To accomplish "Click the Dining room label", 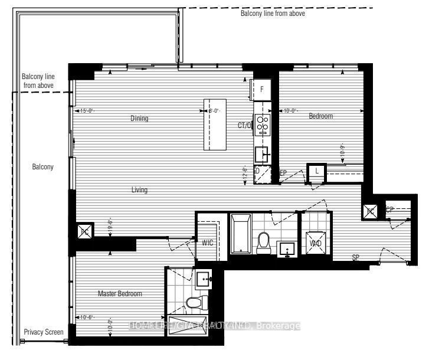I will click(x=139, y=119).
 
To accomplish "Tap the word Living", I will click(x=139, y=190).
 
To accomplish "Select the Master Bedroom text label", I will click(x=120, y=293).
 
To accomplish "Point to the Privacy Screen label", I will click(x=43, y=332).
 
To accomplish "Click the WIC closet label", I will click(x=207, y=243).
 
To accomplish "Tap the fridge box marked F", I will click(x=261, y=89).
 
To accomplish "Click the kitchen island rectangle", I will click(x=215, y=124).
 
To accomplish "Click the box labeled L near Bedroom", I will click(x=317, y=171).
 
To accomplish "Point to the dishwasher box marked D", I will click(x=258, y=171).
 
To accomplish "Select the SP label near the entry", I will click(x=356, y=258).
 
